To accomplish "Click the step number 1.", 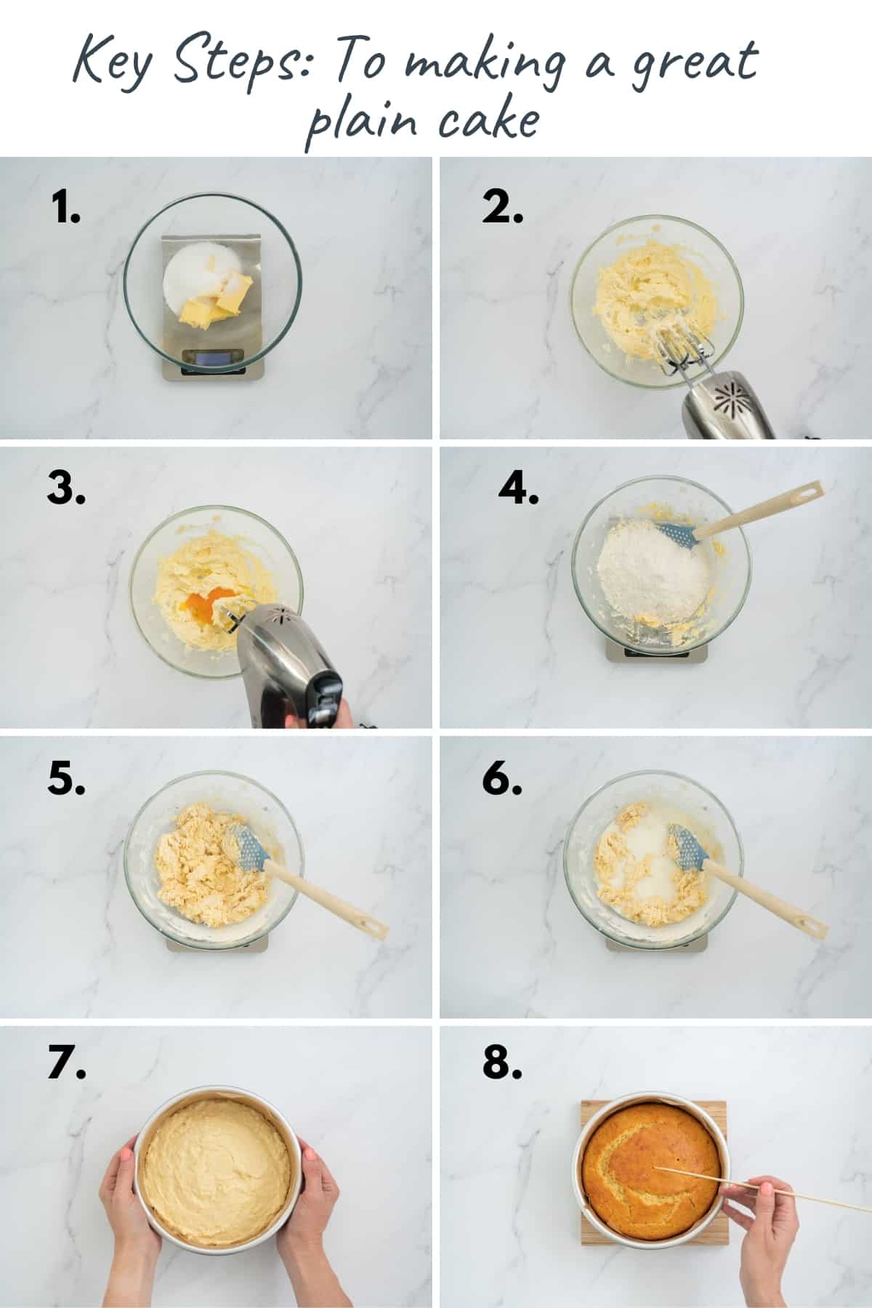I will click(x=66, y=209).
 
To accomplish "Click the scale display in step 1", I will click(x=213, y=358).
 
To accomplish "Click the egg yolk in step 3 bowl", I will click(x=203, y=605).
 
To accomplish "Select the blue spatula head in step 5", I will click(x=247, y=847).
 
